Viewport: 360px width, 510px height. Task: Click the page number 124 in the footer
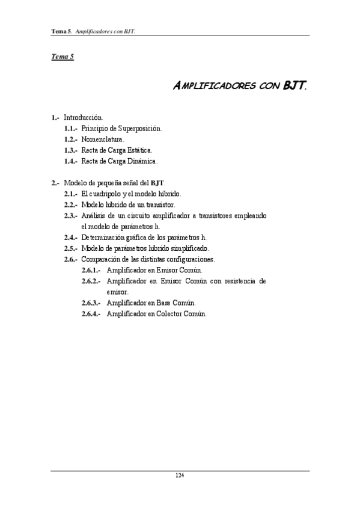(x=179, y=476)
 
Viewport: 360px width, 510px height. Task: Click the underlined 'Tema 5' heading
(x=62, y=57)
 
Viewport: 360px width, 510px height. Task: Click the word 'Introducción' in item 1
(x=83, y=118)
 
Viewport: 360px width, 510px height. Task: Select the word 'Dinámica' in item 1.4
(x=142, y=161)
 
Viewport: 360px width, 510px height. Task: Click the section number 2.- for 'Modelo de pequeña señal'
(x=55, y=183)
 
